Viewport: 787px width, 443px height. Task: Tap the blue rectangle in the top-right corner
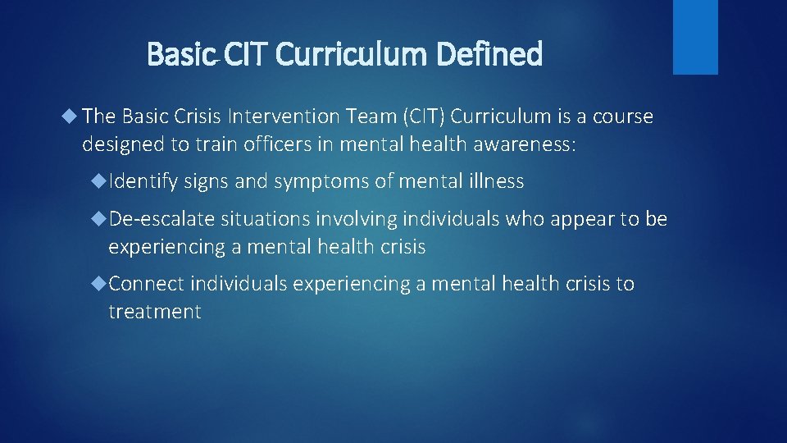pos(695,36)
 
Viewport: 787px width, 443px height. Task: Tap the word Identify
pos(143,181)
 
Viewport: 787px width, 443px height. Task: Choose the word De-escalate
pos(161,219)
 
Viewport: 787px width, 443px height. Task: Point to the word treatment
pos(154,312)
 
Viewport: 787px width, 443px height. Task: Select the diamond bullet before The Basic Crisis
pos(71,116)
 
